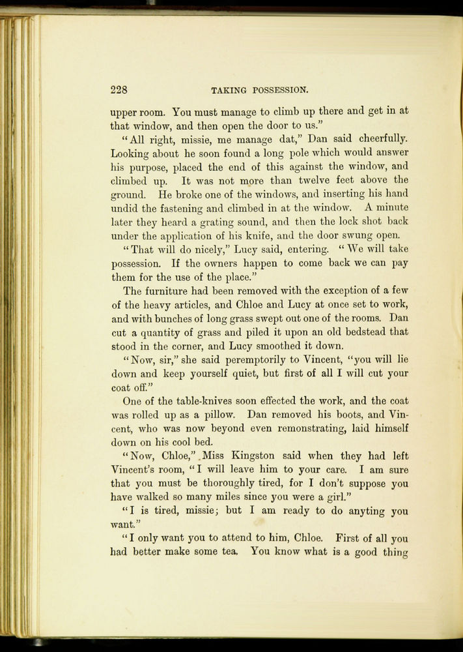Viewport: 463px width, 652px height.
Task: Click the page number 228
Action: point(119,89)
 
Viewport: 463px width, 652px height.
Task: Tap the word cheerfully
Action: point(378,138)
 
